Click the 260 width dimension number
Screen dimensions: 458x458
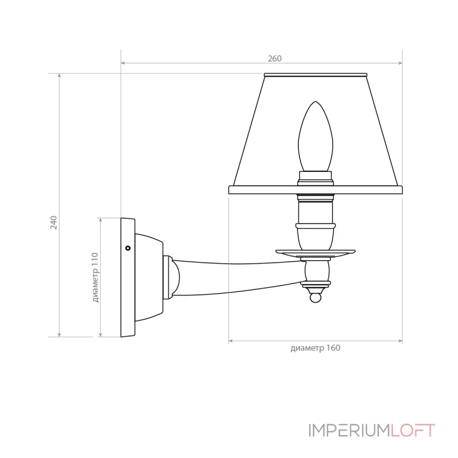click(275, 58)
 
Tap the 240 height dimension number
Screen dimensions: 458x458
click(53, 222)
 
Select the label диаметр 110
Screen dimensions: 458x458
click(95, 277)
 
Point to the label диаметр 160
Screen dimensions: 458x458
click(315, 348)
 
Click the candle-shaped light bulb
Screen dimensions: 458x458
click(315, 136)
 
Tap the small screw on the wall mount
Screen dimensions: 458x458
click(128, 248)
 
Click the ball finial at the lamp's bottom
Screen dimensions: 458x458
click(315, 298)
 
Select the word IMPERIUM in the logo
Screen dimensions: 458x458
click(349, 431)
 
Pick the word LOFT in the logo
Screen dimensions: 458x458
click(413, 431)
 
